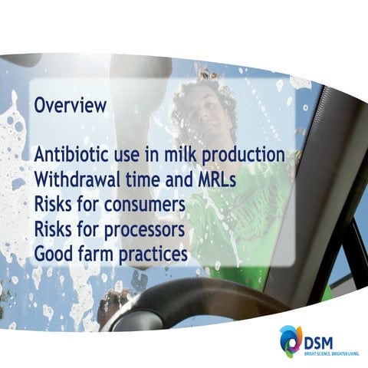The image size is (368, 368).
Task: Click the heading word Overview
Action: click(x=70, y=107)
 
